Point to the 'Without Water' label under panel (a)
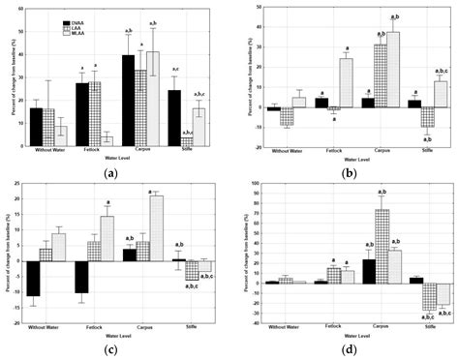(47, 154)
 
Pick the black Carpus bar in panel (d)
(367, 270)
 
